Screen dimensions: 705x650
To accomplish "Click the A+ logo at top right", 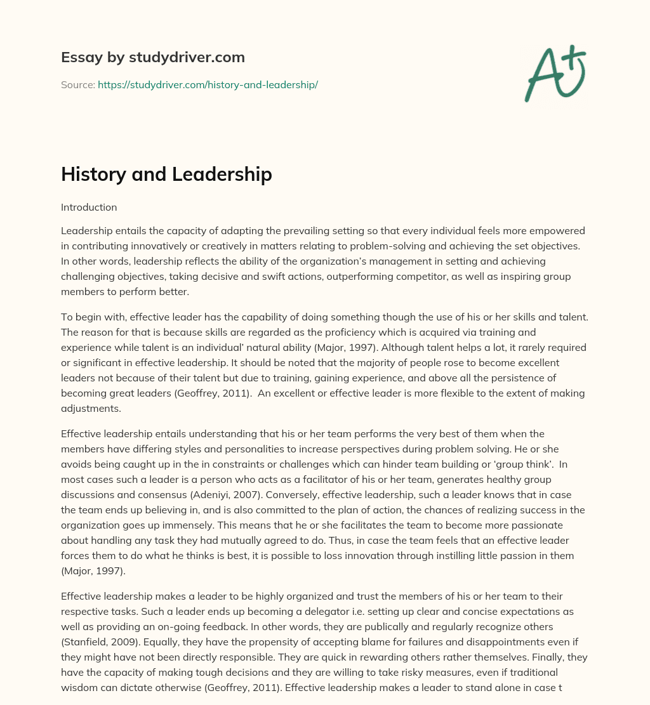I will tap(555, 73).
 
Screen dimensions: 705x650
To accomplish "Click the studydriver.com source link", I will tap(208, 84).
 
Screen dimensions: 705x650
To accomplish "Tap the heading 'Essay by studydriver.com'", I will tap(152, 57).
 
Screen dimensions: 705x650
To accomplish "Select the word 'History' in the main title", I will tap(93, 175).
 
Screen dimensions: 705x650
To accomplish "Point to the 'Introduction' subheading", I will tap(89, 207).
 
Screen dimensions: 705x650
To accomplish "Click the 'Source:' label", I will tap(77, 84).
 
